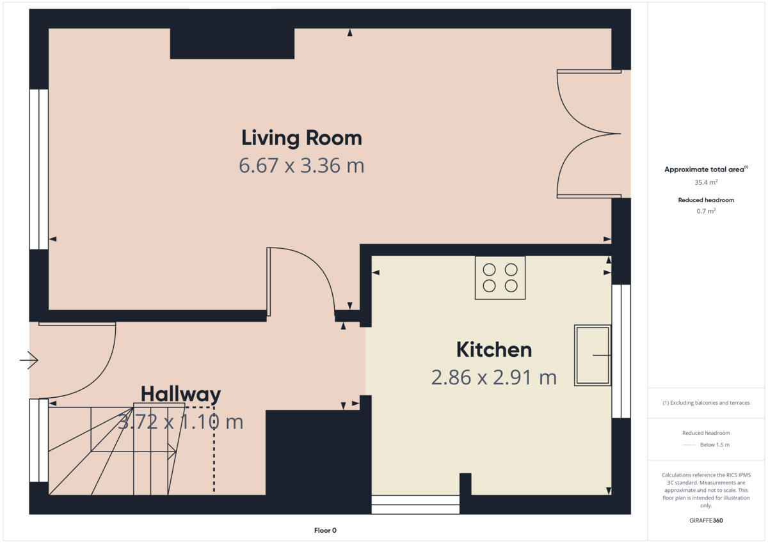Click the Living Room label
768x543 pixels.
pos(301,138)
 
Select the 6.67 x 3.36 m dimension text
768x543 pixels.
pos(301,166)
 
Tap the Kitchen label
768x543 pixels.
pos(493,350)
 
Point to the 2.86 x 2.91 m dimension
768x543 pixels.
pos(493,378)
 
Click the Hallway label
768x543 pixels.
pos(180,394)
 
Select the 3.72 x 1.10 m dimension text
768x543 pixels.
pos(180,422)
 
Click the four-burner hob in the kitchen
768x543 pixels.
pos(500,278)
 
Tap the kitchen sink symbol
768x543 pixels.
pos(593,355)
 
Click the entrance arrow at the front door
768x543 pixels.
pos(29,361)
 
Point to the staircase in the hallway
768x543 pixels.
pos(115,451)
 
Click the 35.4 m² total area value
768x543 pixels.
pos(706,182)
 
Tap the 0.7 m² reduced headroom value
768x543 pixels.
pos(706,211)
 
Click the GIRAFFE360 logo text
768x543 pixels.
pos(706,521)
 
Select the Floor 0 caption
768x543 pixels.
pos(325,530)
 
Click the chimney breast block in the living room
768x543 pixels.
pos(232,43)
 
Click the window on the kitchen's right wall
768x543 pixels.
pos(621,351)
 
